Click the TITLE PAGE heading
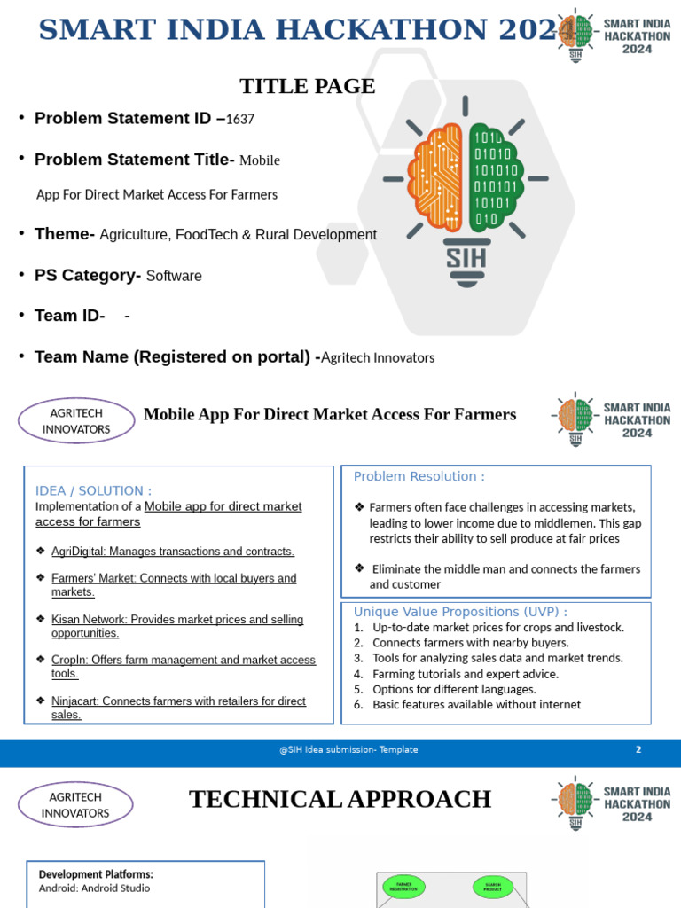tap(307, 86)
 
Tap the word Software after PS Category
tap(174, 276)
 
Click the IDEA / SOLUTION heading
tap(93, 490)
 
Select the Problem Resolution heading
tap(419, 476)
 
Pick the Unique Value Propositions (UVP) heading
tap(460, 612)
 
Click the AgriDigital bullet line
tap(172, 552)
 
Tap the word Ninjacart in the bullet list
tap(75, 701)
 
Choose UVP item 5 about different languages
tap(453, 689)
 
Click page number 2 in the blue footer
tap(638, 749)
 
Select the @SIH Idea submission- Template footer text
tap(348, 749)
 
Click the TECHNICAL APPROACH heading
tap(340, 799)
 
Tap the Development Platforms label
tap(96, 873)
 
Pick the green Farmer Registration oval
tap(403, 885)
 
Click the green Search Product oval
tap(493, 885)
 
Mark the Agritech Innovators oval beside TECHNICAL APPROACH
tap(75, 805)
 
